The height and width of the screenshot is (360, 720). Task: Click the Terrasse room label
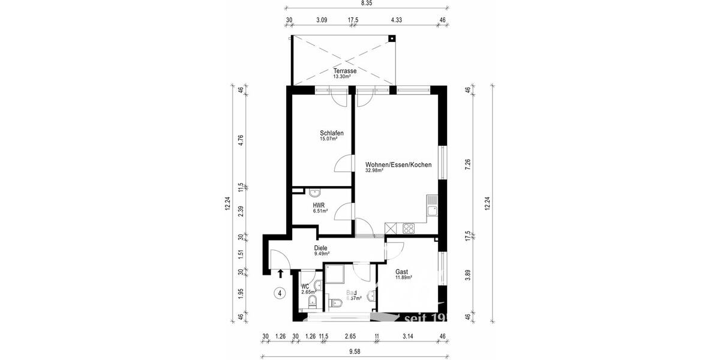[x=345, y=71]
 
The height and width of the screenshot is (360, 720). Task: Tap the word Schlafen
[x=332, y=133]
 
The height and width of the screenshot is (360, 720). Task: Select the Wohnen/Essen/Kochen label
[x=398, y=164]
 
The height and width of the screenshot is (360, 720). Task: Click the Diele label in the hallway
[x=321, y=248]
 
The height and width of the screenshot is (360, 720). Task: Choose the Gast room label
[x=401, y=272]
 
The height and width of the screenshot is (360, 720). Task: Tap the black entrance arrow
[x=280, y=274]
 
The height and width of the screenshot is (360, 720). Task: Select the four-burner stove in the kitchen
[x=409, y=228]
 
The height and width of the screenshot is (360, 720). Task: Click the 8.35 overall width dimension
[x=366, y=3]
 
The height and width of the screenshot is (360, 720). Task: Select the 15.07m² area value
[x=328, y=139]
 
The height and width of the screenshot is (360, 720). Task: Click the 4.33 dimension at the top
[x=396, y=20]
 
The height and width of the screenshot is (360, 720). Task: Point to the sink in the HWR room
[x=314, y=193]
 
